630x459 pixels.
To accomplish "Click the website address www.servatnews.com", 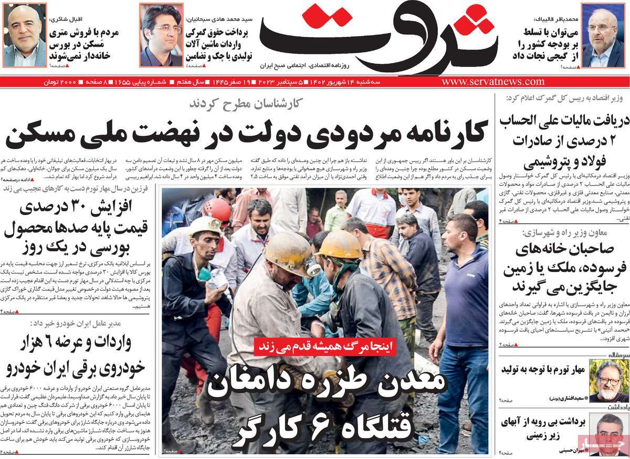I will [493, 82].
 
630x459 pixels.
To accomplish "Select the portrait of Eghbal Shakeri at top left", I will [25, 36].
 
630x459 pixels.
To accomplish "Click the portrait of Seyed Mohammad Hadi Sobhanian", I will [161, 36].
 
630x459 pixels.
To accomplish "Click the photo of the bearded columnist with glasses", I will [608, 381].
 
